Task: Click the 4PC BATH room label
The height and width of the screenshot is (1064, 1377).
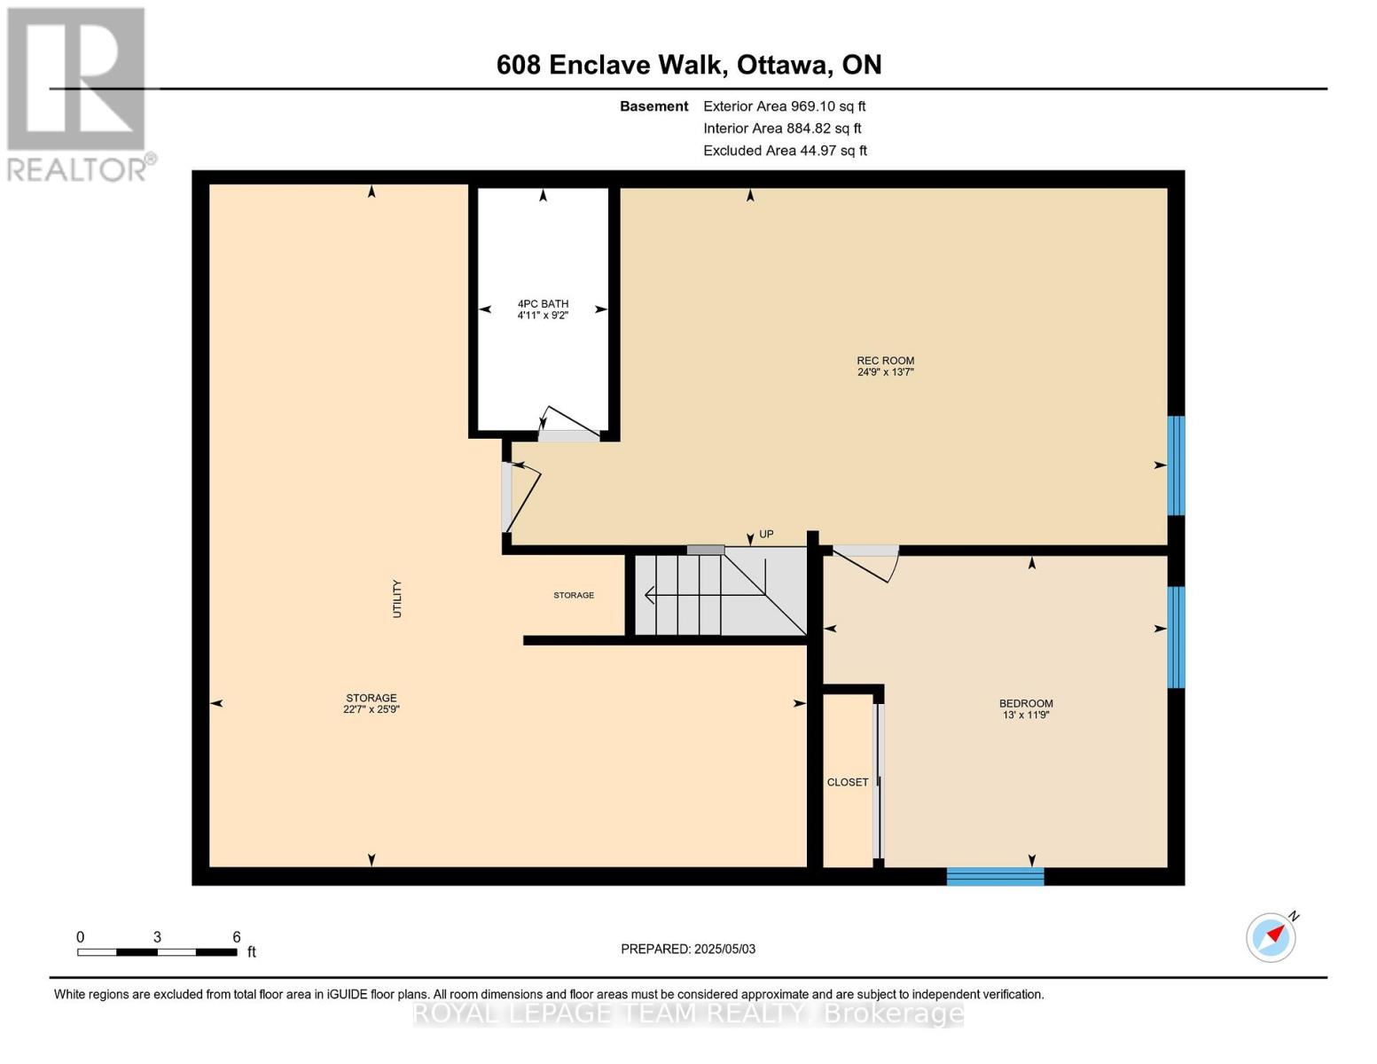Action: (x=543, y=304)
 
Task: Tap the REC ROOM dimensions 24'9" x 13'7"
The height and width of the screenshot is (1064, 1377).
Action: (x=885, y=372)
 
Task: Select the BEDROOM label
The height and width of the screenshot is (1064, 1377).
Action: (x=1026, y=704)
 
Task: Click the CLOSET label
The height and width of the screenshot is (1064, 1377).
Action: (x=848, y=782)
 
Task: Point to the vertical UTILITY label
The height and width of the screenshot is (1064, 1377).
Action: (x=397, y=598)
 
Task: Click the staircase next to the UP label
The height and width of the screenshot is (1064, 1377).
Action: (x=720, y=593)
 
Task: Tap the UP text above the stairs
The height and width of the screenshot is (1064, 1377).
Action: (x=766, y=534)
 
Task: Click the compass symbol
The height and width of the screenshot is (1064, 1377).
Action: (x=1271, y=937)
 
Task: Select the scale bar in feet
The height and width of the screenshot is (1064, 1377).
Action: (x=157, y=952)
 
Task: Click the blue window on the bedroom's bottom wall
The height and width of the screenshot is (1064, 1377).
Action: (x=995, y=877)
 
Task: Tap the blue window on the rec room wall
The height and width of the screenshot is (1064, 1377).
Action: (x=1176, y=465)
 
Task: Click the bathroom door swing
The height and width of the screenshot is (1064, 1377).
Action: (x=567, y=425)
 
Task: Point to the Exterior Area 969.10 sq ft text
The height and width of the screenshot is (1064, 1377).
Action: (x=784, y=106)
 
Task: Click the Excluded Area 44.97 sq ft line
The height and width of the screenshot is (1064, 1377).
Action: (x=785, y=151)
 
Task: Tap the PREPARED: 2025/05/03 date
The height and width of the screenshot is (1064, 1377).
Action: (x=688, y=949)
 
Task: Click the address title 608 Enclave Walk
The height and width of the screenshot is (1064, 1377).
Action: (x=688, y=65)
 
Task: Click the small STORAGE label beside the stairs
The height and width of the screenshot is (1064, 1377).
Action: (x=574, y=595)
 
